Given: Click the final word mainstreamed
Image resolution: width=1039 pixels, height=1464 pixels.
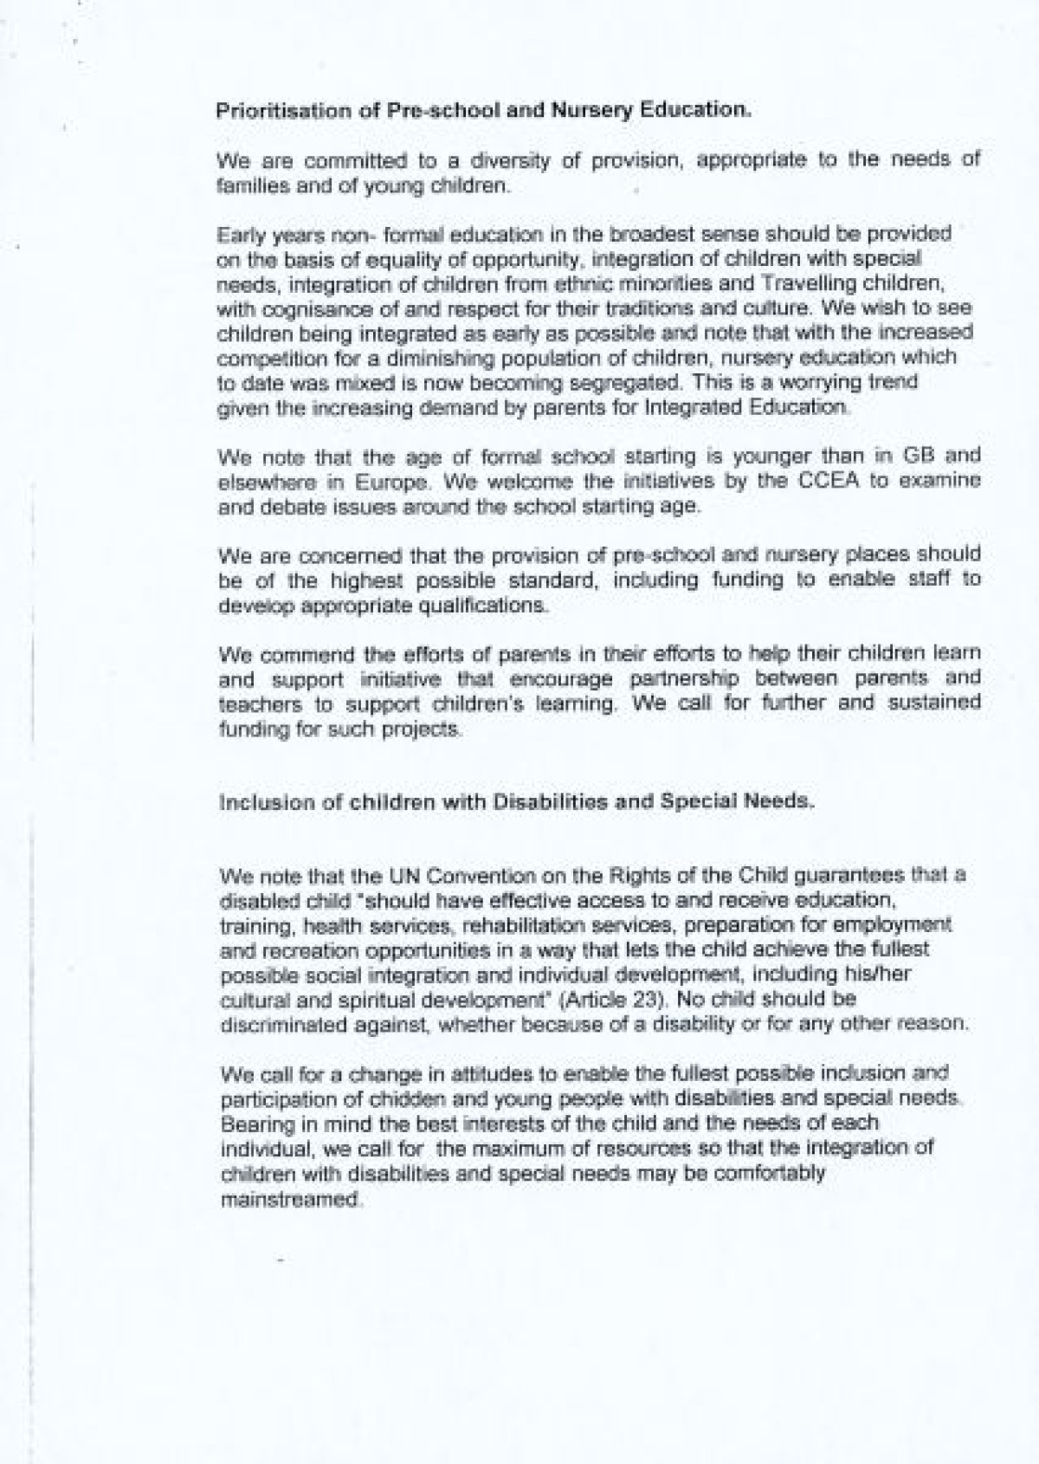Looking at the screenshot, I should [289, 1200].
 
